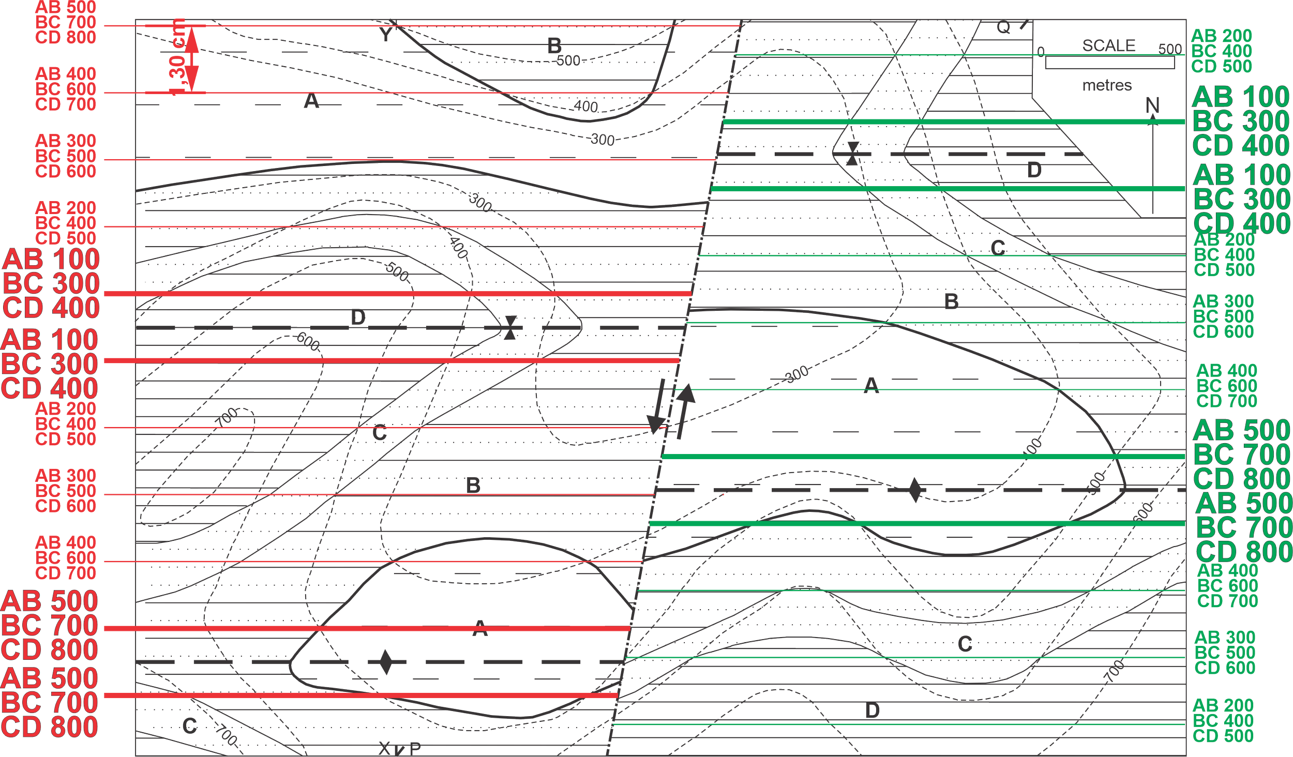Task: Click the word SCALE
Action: point(1109,46)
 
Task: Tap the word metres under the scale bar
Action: point(1107,85)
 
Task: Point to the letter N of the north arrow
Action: point(1152,105)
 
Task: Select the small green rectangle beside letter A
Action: point(250,110)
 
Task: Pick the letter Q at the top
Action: point(1003,27)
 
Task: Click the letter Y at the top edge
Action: point(386,33)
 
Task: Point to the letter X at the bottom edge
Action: point(385,748)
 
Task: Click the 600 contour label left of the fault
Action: point(308,342)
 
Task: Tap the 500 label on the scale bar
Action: point(1170,49)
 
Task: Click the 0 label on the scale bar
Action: point(1041,52)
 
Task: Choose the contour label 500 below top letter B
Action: point(568,60)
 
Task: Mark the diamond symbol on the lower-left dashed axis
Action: point(385,662)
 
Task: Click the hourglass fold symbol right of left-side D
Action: point(510,328)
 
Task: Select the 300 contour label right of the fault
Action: point(797,373)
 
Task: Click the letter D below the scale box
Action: point(1034,170)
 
